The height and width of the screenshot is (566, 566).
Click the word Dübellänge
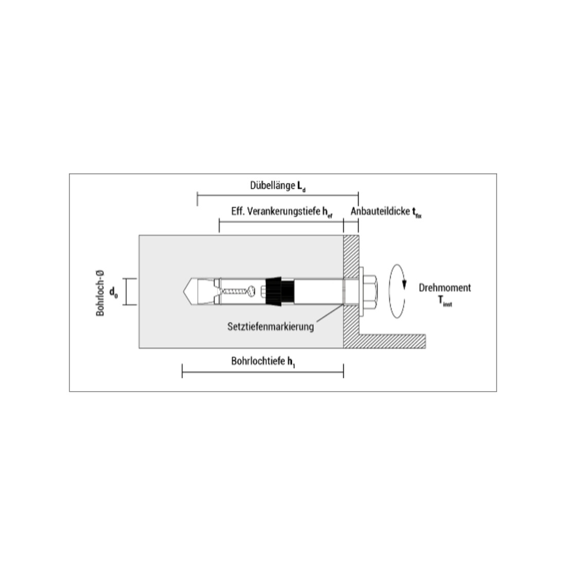(273, 186)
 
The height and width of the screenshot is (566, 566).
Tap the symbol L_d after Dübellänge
(302, 187)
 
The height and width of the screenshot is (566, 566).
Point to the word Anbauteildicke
(381, 211)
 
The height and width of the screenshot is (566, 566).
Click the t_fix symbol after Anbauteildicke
(417, 213)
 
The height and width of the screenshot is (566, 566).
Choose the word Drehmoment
(445, 288)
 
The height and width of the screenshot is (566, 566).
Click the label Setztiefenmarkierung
(270, 327)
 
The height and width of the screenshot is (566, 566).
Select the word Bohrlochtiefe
(258, 361)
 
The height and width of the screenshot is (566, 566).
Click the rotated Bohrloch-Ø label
(100, 293)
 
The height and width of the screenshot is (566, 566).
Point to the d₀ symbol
(113, 292)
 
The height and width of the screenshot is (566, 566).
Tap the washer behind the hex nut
(361, 292)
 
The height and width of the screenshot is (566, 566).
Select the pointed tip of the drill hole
(183, 292)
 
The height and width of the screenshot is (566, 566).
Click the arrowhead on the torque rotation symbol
(404, 285)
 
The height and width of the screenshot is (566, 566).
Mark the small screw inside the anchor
(238, 291)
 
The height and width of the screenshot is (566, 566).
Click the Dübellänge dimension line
(277, 196)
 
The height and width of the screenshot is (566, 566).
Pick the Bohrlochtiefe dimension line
(263, 371)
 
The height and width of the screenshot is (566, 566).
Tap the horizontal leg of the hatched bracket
(392, 341)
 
